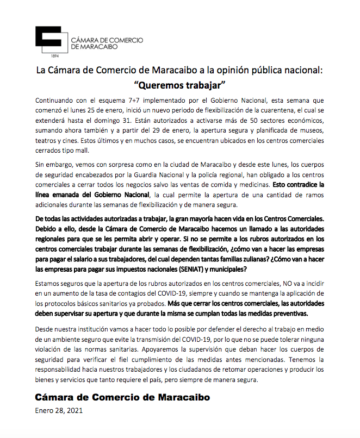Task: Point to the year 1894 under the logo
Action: pos(54,56)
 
